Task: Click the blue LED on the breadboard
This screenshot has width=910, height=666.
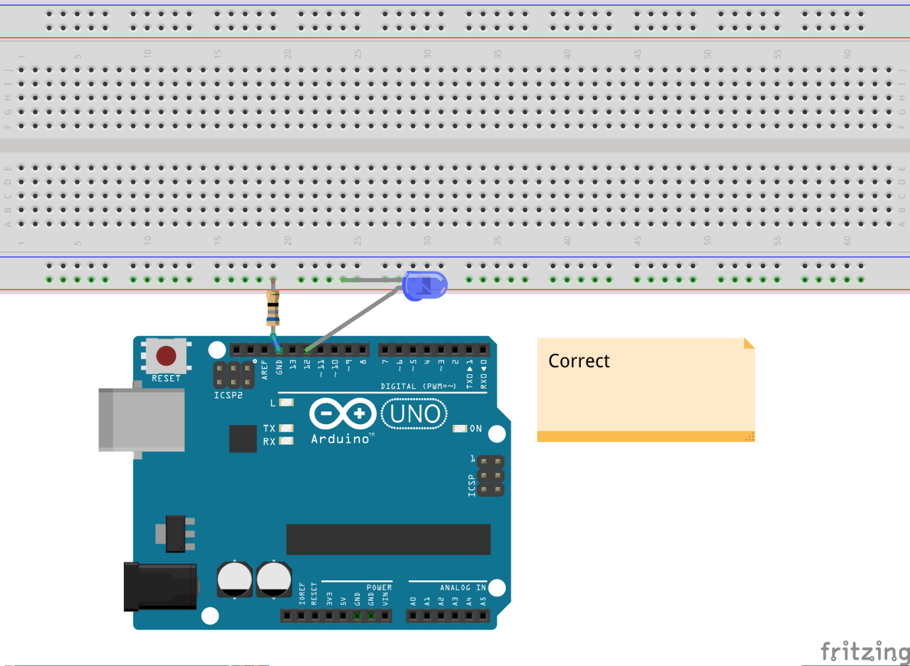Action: [x=424, y=286]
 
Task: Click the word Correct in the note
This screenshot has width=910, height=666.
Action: [x=578, y=361]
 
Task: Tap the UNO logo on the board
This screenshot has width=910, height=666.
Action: [x=414, y=414]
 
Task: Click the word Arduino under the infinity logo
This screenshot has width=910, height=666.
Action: [x=340, y=439]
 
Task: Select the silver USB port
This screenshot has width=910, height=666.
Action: [x=142, y=419]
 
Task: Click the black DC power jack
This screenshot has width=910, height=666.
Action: [x=160, y=586]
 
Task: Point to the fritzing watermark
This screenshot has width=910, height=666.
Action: [x=864, y=651]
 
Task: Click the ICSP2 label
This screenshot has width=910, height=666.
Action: [x=228, y=395]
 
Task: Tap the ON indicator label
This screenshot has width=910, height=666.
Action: [x=475, y=429]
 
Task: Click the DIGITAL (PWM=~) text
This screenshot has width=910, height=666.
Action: [x=418, y=387]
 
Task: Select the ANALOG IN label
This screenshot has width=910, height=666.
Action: [x=462, y=588]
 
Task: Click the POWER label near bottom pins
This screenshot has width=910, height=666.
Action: [x=379, y=588]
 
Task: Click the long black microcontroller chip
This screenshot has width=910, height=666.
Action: [x=388, y=540]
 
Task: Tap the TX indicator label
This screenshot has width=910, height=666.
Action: [x=269, y=428]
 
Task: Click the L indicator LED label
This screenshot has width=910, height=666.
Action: [x=273, y=403]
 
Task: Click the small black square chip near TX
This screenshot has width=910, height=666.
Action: [x=243, y=438]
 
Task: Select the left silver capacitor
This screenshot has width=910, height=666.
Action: [x=234, y=578]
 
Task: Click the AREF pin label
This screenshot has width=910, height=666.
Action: [x=264, y=369]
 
